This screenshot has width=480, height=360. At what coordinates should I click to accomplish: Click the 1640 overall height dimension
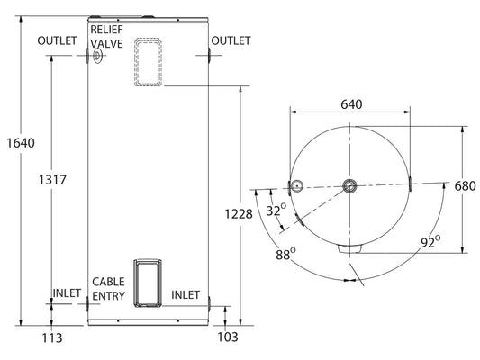(21, 143)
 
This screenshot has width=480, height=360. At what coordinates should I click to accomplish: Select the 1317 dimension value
(52, 180)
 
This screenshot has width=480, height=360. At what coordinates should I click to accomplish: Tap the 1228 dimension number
(239, 214)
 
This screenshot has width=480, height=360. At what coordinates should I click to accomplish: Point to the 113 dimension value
(52, 338)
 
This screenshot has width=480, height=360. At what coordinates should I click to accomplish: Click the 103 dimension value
(228, 337)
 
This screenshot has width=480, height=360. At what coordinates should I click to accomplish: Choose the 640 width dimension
(351, 104)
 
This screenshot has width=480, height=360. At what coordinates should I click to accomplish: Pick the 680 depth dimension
(465, 186)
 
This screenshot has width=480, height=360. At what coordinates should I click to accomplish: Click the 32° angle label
(276, 210)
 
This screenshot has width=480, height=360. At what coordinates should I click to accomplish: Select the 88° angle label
(285, 254)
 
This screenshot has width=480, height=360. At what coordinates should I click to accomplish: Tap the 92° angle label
(430, 241)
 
